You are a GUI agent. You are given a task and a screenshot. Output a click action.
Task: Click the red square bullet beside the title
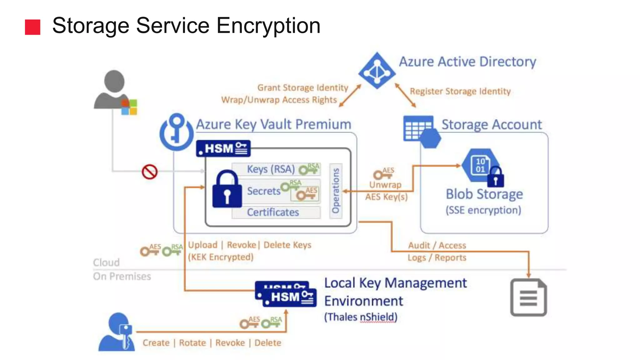tap(32, 27)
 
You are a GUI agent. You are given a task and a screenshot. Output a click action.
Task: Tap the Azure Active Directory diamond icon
tap(377, 71)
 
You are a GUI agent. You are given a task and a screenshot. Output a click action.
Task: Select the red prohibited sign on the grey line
tap(149, 172)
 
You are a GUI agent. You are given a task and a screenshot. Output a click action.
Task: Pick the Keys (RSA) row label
tap(271, 169)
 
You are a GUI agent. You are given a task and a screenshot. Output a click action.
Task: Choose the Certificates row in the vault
tap(273, 212)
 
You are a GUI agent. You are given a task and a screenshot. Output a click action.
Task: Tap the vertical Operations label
tap(336, 191)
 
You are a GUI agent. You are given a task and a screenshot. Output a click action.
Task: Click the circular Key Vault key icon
tap(177, 132)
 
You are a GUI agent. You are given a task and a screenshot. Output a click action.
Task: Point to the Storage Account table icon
tap(419, 129)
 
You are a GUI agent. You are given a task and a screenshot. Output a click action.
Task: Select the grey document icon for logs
tap(528, 297)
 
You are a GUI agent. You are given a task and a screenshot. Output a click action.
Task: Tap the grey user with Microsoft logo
tap(114, 91)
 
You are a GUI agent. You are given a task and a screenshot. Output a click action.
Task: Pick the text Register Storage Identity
tap(460, 91)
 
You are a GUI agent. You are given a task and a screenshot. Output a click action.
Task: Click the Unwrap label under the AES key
tap(385, 185)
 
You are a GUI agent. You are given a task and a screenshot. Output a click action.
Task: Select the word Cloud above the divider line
tap(106, 262)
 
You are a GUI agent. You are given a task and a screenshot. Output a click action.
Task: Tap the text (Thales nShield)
tap(360, 317)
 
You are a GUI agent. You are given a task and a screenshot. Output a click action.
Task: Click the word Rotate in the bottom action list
tap(192, 343)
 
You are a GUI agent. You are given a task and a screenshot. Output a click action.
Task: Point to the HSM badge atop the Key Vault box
tap(223, 148)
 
